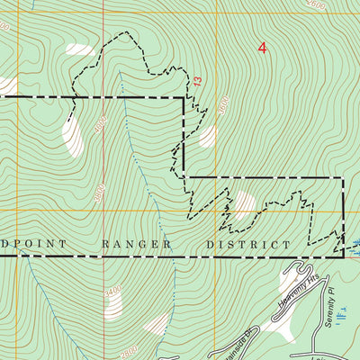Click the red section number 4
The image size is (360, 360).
(x=262, y=48)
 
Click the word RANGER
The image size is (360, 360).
(x=134, y=244)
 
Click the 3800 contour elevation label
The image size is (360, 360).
(x=99, y=191)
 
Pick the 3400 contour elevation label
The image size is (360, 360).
(x=112, y=292)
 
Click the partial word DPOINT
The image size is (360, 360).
(x=27, y=244)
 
